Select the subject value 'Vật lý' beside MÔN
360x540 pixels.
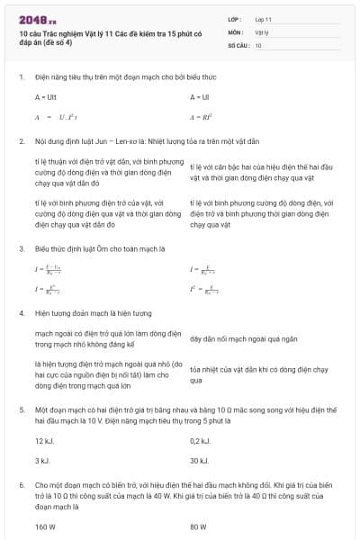click(x=262, y=31)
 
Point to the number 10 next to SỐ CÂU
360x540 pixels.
click(x=258, y=44)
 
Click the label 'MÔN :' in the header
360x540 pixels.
click(x=236, y=31)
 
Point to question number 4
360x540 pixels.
click(x=21, y=313)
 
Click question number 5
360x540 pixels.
click(x=21, y=408)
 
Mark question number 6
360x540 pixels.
click(x=21, y=484)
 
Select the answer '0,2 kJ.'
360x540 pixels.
click(x=200, y=441)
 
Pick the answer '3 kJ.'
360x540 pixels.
click(x=42, y=461)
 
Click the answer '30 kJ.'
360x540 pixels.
click(x=200, y=461)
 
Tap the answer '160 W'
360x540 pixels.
click(x=45, y=527)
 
